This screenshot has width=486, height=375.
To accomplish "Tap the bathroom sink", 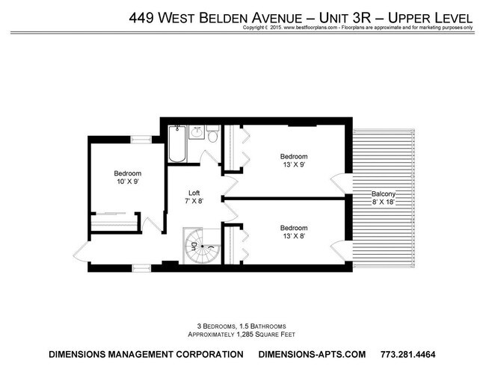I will [x=197, y=133].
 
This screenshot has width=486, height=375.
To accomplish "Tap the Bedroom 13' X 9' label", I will [x=293, y=161].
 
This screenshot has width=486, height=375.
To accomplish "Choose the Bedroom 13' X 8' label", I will [x=293, y=232].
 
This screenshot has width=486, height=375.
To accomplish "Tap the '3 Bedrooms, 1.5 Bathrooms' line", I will [x=243, y=326].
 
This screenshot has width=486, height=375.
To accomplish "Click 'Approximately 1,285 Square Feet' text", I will [x=243, y=334].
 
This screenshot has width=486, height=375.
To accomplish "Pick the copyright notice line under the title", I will [x=357, y=28].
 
